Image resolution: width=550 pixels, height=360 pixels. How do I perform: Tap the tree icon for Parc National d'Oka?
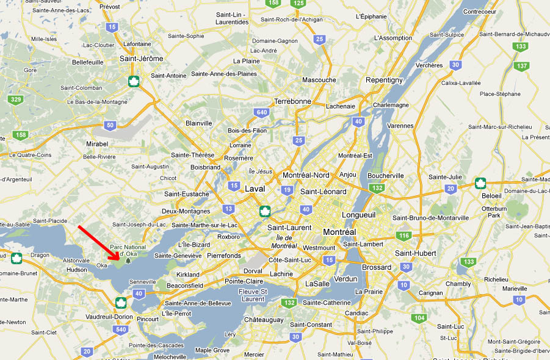(128, 261)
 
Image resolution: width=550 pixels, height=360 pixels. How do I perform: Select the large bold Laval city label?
(255, 189)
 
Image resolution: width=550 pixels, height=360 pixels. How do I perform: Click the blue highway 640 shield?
(262, 112)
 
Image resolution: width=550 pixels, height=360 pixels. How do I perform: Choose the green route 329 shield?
(16, 99)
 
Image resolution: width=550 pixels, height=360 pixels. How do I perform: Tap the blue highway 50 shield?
(109, 125)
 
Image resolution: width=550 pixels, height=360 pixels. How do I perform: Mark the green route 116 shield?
(403, 236)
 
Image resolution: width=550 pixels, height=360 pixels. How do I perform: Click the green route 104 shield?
(419, 318)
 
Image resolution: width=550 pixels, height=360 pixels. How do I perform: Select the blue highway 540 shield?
(121, 329)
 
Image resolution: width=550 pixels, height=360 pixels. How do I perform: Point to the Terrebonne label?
(293, 101)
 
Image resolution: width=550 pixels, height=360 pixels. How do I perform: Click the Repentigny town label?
(384, 80)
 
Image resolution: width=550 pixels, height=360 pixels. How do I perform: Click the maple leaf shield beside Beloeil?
(480, 183)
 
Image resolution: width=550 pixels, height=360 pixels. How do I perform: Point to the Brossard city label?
(377, 267)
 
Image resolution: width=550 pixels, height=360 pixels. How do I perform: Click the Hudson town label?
(76, 269)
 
